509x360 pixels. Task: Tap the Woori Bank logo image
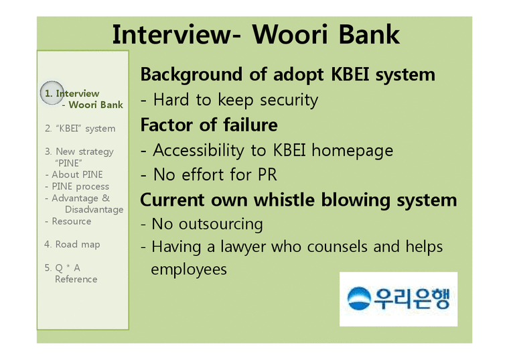398,299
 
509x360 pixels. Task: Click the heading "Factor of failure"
208,125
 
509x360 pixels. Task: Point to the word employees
189,269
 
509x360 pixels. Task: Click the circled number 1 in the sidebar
49,93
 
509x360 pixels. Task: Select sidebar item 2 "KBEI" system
80,128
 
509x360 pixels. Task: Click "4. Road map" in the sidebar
72,244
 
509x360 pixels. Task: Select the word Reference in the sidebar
76,279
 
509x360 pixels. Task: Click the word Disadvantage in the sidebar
94,209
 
